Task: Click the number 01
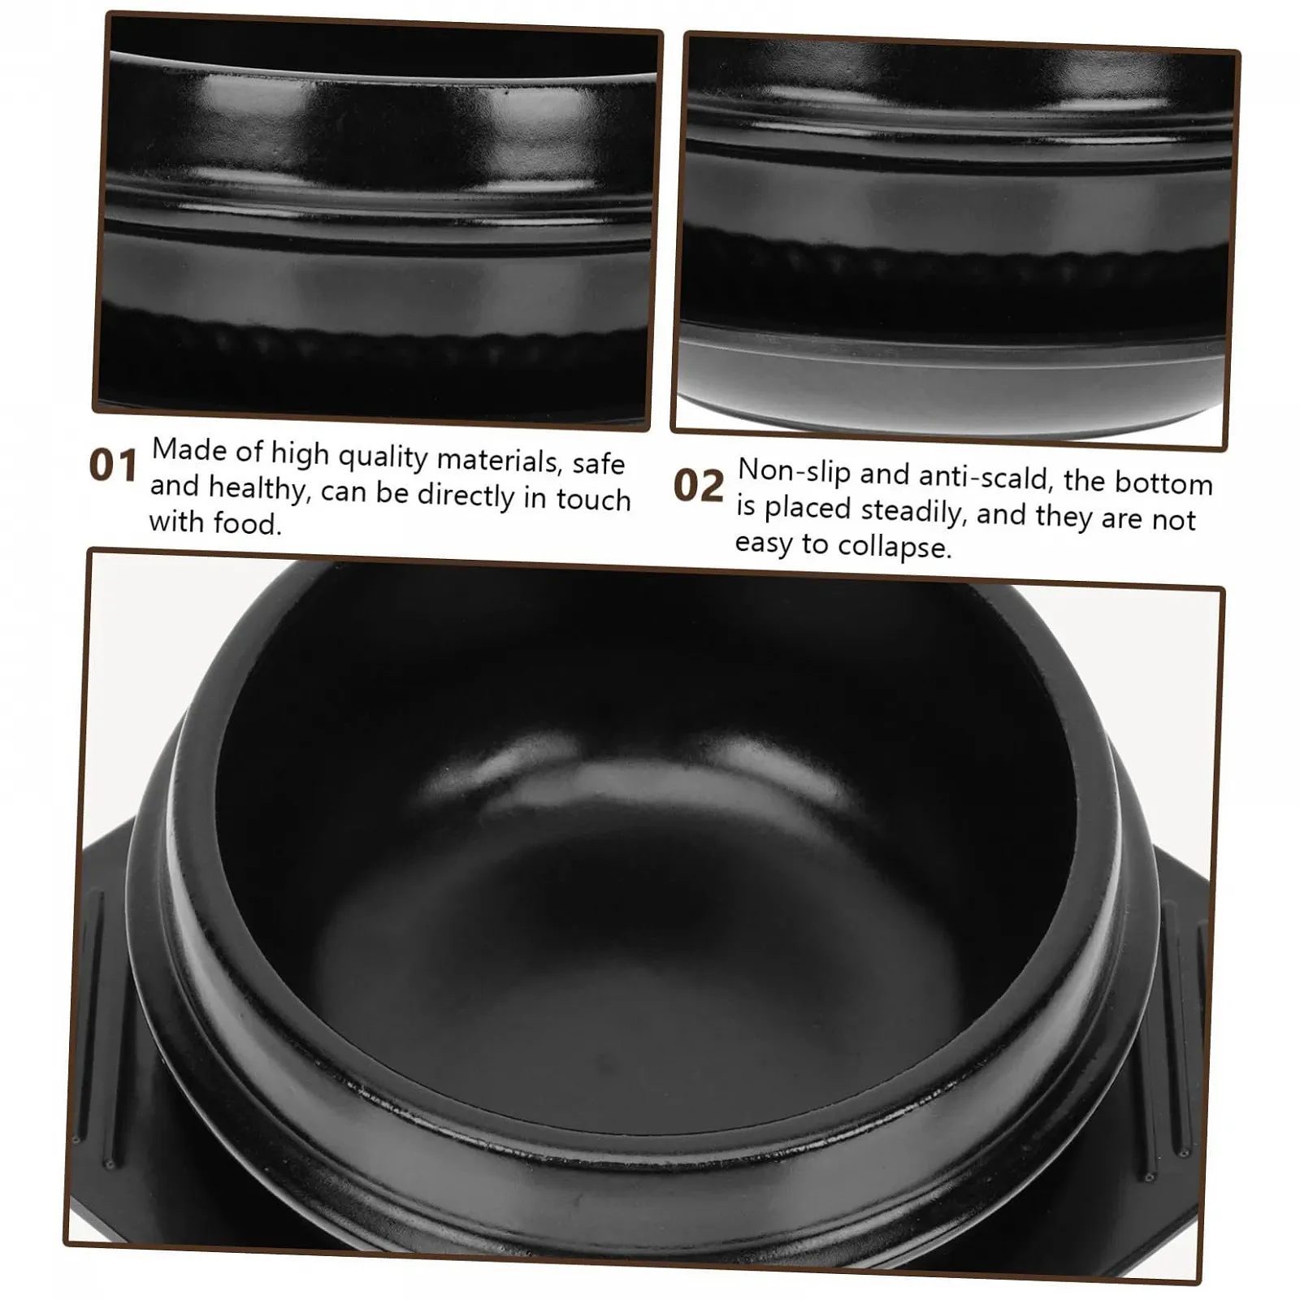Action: point(113,466)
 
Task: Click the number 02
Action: point(699,485)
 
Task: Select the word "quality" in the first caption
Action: point(383,457)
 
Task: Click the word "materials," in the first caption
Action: point(500,460)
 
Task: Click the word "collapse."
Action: point(895,546)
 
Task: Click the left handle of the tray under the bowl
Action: point(93,1016)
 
